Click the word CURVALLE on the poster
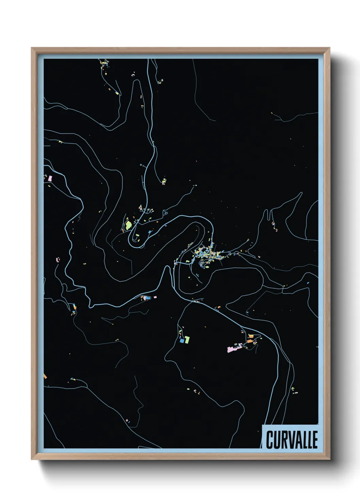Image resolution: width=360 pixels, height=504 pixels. pyautogui.click(x=292, y=440)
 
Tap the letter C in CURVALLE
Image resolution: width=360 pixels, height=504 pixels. pyautogui.click(x=270, y=440)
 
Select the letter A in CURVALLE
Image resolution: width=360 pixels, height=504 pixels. pyautogui.click(x=297, y=440)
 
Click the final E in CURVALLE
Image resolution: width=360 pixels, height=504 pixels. pyautogui.click(x=315, y=440)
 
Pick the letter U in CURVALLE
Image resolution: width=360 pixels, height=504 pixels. pyautogui.click(x=276, y=440)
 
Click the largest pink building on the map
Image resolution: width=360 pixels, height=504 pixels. pyautogui.click(x=232, y=349)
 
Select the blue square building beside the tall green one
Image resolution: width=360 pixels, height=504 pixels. pyautogui.click(x=182, y=341)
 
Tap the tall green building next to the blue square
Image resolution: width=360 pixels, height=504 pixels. pyautogui.click(x=187, y=339)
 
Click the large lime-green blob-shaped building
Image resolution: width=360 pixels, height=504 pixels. pyautogui.click(x=128, y=225)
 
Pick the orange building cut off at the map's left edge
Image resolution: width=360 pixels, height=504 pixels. pyautogui.click(x=45, y=376)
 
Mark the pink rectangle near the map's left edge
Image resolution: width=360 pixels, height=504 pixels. pyautogui.click(x=50, y=178)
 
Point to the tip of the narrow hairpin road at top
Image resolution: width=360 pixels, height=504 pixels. pyautogui.click(x=137, y=81)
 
